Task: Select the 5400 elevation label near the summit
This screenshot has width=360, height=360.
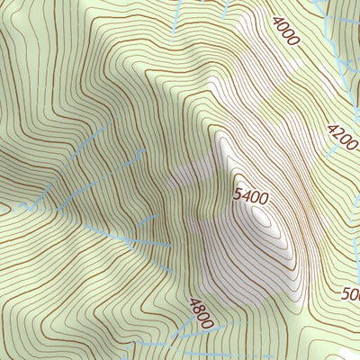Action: [252, 194]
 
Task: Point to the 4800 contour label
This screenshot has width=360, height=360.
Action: [202, 313]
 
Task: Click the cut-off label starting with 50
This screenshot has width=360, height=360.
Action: [351, 294]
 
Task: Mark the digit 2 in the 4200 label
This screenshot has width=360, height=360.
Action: [338, 135]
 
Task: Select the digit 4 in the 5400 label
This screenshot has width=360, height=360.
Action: [247, 193]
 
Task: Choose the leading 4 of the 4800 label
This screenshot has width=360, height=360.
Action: [192, 302]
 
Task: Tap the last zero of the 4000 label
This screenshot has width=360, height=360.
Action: [294, 43]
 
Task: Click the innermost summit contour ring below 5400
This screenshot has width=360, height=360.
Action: [262, 216]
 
